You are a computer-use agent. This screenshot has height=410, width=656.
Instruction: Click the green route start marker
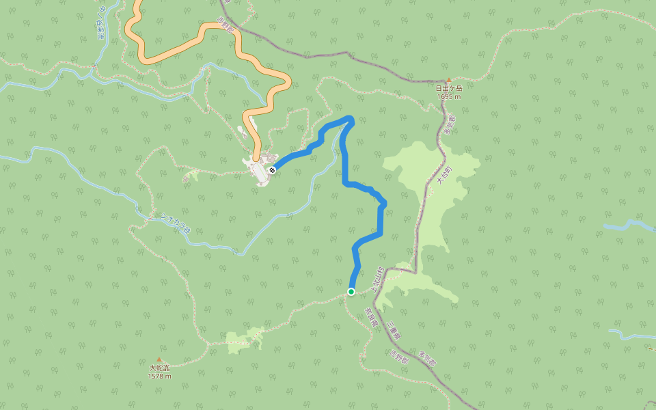tap(351, 292)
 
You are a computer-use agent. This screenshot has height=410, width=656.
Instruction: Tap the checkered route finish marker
tap(272, 169)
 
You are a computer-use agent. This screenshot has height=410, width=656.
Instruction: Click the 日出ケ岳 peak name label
tap(449, 88)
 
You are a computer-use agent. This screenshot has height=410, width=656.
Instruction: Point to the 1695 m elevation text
tap(449, 96)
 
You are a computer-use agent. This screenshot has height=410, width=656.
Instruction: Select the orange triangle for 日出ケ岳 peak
tap(449, 81)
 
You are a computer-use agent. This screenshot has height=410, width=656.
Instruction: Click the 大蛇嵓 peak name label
tap(159, 368)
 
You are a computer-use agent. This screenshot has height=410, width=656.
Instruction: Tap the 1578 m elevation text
tap(159, 376)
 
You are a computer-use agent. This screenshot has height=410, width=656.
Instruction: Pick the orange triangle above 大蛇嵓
tap(159, 359)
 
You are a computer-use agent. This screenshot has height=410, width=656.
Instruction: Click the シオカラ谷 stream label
tap(174, 222)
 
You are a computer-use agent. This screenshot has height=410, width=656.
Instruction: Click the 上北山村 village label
tap(378, 279)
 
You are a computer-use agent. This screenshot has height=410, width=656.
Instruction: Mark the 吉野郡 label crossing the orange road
tap(225, 27)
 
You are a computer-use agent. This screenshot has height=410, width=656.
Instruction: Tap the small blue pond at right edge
tap(625, 225)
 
